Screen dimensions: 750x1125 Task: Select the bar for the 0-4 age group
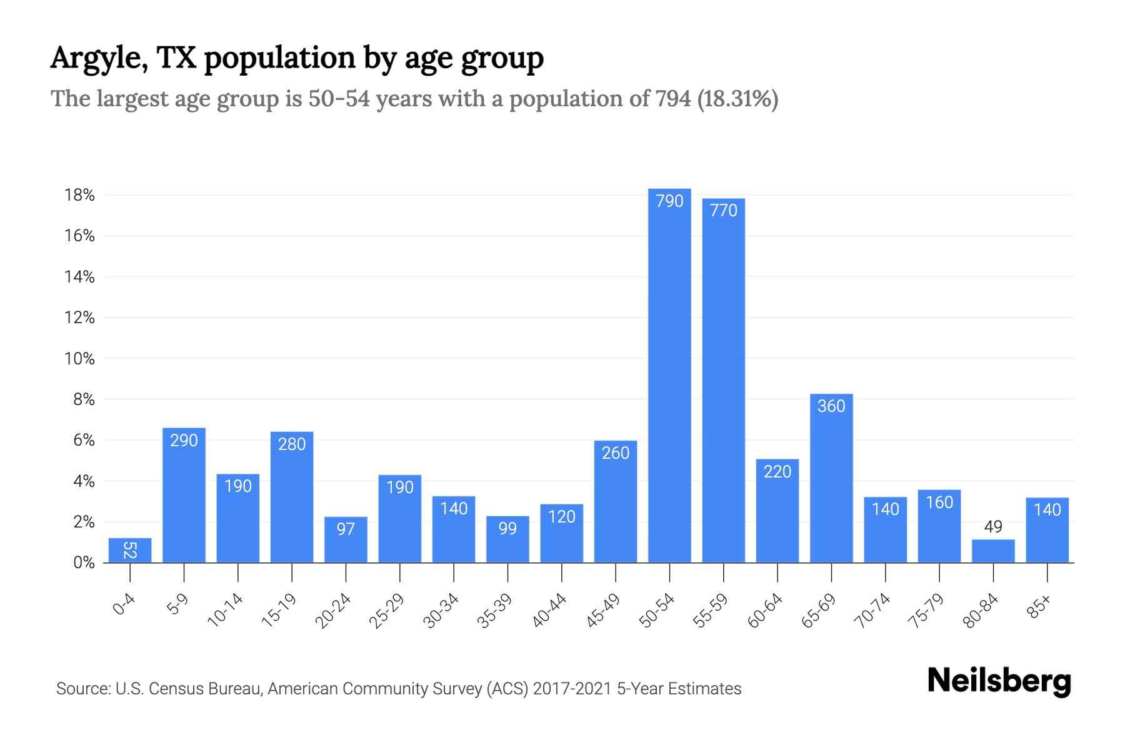[x=130, y=551]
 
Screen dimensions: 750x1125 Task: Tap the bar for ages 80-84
[x=993, y=551]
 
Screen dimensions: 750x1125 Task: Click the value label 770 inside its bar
[x=724, y=211]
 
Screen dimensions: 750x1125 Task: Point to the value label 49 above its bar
[x=993, y=527]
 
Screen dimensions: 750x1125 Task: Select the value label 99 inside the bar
[x=507, y=529]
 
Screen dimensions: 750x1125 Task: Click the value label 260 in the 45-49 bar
[x=616, y=453]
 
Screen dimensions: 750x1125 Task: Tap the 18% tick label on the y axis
[x=79, y=196]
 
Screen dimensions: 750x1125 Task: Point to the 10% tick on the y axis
[x=79, y=359]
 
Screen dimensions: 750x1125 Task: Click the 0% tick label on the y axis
[x=84, y=562]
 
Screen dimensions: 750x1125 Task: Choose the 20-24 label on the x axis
[x=333, y=611]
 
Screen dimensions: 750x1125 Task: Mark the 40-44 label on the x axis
[x=549, y=611]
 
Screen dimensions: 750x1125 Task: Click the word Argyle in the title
[x=99, y=58]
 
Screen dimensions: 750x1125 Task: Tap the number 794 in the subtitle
[x=673, y=99]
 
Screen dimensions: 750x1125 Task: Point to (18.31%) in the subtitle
[x=737, y=99]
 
